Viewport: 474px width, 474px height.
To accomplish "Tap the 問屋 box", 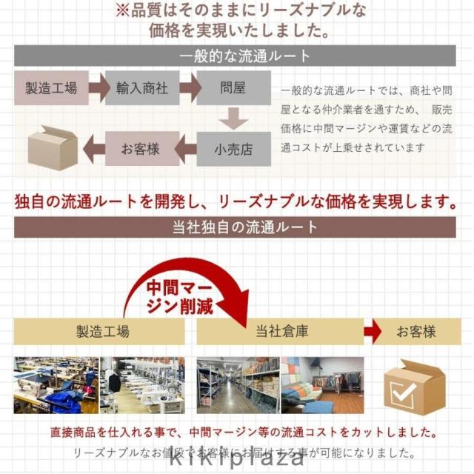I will (x=233, y=88).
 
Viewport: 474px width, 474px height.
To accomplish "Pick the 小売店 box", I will (x=233, y=149).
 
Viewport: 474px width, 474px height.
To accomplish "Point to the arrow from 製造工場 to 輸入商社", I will (x=97, y=88).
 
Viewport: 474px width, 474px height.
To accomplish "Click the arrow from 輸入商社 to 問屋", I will (x=189, y=88).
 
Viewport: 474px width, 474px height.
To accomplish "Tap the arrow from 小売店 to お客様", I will (x=188, y=149).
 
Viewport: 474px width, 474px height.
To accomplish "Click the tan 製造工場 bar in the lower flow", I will (x=102, y=331).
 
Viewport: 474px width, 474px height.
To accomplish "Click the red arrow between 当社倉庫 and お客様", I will (x=373, y=331).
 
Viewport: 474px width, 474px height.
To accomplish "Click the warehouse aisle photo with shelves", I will (x=238, y=385).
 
